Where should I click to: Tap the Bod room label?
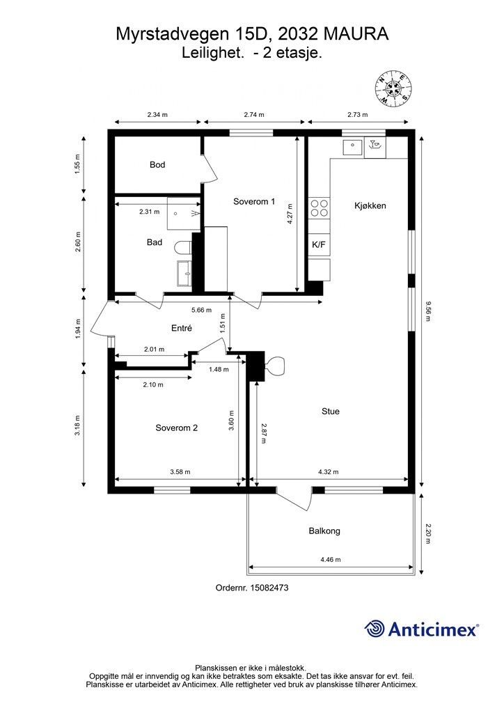click(x=157, y=164)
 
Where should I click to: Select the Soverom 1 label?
click(x=254, y=201)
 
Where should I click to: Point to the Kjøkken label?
click(x=370, y=205)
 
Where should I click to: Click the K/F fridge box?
click(x=319, y=244)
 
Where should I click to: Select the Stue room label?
click(x=331, y=411)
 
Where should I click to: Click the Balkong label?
click(x=324, y=531)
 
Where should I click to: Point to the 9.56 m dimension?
click(x=427, y=311)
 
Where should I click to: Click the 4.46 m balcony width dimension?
click(x=331, y=560)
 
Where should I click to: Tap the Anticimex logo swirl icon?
click(x=375, y=629)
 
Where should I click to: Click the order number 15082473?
click(x=271, y=588)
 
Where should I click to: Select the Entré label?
click(x=181, y=328)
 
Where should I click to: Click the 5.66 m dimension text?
click(x=201, y=310)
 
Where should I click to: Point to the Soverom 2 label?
click(x=176, y=428)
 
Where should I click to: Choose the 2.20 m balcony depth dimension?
click(x=427, y=534)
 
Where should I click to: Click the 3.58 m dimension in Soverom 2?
click(x=180, y=472)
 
